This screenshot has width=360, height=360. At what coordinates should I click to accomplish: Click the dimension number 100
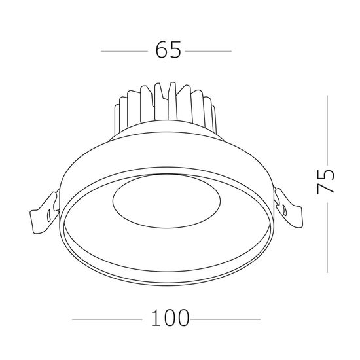point(168,319)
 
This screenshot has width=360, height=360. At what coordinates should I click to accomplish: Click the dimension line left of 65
point(124,50)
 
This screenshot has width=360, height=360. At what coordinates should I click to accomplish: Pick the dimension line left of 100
point(105,319)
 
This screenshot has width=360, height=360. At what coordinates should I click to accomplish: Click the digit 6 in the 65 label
point(161,50)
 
